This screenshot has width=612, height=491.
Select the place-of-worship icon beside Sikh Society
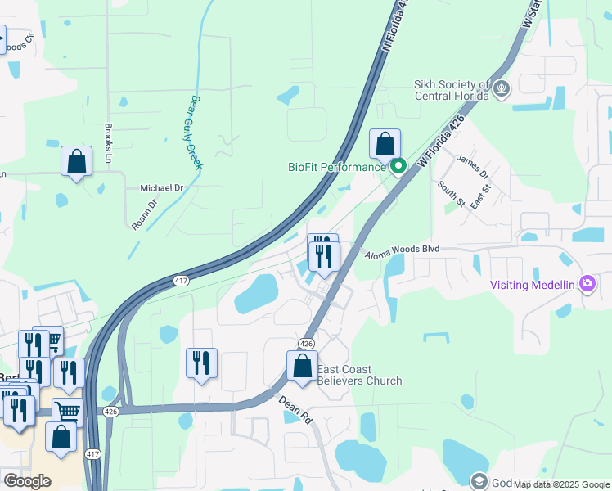[x=501, y=87]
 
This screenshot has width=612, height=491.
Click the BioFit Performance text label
[x=336, y=168]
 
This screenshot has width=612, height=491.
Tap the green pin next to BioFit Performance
[x=398, y=168]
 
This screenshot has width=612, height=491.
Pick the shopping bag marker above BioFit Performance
[x=385, y=145]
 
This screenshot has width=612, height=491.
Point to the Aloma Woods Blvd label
[x=402, y=249]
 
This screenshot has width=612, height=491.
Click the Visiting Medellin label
[x=533, y=285]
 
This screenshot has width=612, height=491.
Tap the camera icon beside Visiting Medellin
[x=587, y=284]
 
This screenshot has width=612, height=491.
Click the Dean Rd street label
[x=296, y=408]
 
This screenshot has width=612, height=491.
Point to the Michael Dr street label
[x=162, y=187]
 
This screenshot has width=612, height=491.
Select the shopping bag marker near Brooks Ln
[x=76, y=160]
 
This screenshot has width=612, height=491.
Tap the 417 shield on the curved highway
[x=182, y=281]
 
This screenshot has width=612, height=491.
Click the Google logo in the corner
[x=27, y=481]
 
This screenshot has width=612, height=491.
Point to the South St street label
[x=451, y=195]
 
